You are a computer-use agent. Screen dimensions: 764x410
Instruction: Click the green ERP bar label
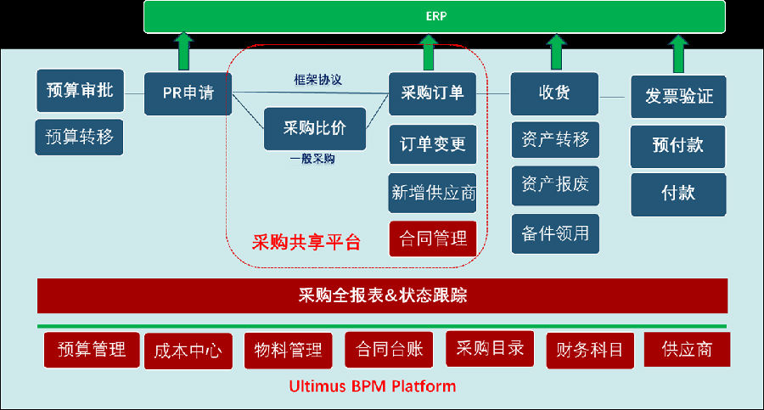point(436,16)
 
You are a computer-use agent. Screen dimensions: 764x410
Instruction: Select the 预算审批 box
point(81,91)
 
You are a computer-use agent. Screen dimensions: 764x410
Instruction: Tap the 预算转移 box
point(79,137)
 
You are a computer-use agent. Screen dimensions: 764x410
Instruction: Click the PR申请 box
point(188,93)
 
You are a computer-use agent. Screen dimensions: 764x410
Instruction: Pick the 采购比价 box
point(315,129)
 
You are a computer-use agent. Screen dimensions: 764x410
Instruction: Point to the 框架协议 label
point(317,80)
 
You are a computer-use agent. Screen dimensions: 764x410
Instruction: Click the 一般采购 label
point(312,159)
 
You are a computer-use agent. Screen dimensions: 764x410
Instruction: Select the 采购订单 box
point(432,93)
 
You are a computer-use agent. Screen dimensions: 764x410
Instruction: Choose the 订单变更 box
point(433,144)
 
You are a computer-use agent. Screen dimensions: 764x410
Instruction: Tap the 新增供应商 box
point(433,193)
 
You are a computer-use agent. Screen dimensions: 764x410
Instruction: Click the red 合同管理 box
point(433,239)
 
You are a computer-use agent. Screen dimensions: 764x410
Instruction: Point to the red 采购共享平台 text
point(306,242)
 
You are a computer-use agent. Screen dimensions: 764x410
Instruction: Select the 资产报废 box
point(555,186)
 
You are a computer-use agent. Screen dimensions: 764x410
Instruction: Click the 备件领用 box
point(555,233)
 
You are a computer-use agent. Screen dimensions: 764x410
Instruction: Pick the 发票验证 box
point(678,97)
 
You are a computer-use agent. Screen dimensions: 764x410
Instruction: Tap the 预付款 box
point(677,146)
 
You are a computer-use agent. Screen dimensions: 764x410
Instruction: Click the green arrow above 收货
point(556,52)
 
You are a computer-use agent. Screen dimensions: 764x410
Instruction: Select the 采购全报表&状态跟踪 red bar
point(383,296)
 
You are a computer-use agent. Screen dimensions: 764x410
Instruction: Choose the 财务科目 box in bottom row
point(590,351)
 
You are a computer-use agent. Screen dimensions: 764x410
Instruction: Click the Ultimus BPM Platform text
point(373,386)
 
